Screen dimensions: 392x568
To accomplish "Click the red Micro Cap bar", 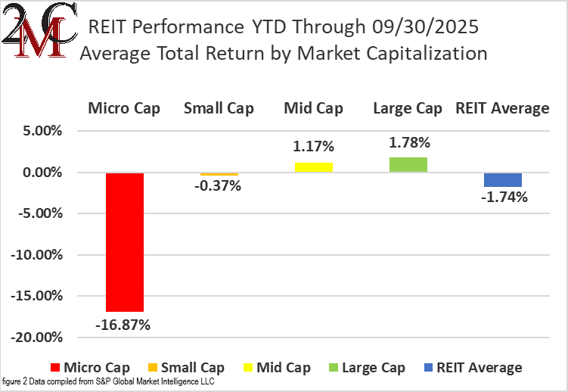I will tap(125, 241).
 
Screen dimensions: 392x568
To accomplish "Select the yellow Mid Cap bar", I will tap(313, 167).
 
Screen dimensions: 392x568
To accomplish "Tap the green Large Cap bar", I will tap(408, 164).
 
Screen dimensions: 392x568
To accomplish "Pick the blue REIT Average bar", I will tap(502, 179).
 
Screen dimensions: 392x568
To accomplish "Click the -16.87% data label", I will tap(123, 325).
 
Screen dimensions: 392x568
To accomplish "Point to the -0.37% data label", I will tap(219, 185).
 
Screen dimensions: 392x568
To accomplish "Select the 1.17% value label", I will tap(313, 147).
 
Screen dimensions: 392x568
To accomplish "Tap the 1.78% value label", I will tap(408, 142).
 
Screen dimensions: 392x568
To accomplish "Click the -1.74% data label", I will tap(502, 198).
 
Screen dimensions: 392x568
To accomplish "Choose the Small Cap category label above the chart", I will tap(219, 108).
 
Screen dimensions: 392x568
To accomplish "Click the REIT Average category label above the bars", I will tap(502, 108).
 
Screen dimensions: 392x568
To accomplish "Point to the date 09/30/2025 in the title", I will tap(426, 28).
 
